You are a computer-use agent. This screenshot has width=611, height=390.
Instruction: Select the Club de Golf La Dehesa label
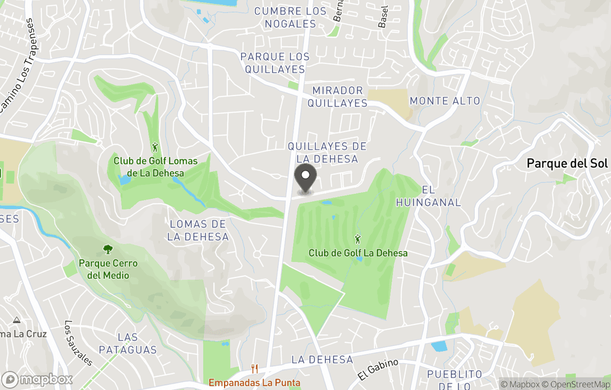358,253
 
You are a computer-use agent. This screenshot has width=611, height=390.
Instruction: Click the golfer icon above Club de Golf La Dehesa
358,239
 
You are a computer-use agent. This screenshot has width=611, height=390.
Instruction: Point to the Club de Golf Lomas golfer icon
156,148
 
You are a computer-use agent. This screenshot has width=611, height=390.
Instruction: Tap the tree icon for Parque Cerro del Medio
107,249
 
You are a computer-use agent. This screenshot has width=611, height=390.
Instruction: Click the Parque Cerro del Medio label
108,270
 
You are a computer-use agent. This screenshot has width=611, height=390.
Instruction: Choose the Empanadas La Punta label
255,383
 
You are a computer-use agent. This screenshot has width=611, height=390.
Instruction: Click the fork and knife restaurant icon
255,369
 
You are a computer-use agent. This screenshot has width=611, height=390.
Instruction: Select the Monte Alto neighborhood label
445,101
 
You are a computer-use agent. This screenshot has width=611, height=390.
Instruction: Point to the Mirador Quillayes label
338,97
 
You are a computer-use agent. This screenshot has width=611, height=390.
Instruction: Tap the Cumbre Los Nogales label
290,18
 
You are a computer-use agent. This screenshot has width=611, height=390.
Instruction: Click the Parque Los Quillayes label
275,63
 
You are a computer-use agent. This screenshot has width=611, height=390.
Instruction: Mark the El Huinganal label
428,196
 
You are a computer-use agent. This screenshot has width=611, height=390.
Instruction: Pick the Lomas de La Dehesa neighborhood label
198,231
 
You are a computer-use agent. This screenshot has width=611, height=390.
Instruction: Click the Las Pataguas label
127,344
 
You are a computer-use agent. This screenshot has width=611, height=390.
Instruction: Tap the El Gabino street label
378,370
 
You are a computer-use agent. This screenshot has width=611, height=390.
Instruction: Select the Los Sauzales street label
78,343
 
